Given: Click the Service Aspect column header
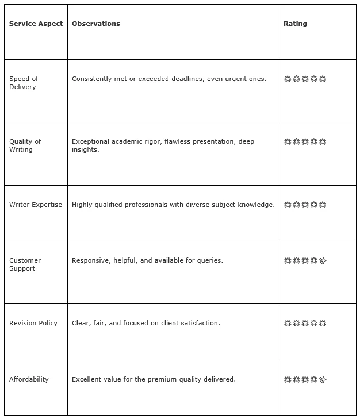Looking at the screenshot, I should tap(36, 24).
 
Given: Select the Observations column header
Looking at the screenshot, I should tap(96, 24).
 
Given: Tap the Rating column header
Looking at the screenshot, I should tap(295, 24).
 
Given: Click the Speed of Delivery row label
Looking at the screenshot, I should tap(24, 83).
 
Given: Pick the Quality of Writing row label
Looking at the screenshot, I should tap(25, 145).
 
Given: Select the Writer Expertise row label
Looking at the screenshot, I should tap(36, 205).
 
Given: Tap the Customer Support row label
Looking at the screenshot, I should tap(25, 264).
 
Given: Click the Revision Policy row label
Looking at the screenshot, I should tap(33, 323).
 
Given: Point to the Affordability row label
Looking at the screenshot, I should tap(29, 379).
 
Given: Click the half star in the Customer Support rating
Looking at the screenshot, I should tap(323, 260).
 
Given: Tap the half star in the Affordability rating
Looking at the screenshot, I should tap(323, 379).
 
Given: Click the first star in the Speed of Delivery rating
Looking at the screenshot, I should tap(288, 79).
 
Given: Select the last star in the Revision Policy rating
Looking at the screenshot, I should tap(323, 323).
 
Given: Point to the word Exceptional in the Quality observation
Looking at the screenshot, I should tap(90, 141).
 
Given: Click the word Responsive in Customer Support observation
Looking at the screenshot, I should tap(90, 260).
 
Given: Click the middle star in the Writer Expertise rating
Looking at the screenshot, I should tap(305, 205).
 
